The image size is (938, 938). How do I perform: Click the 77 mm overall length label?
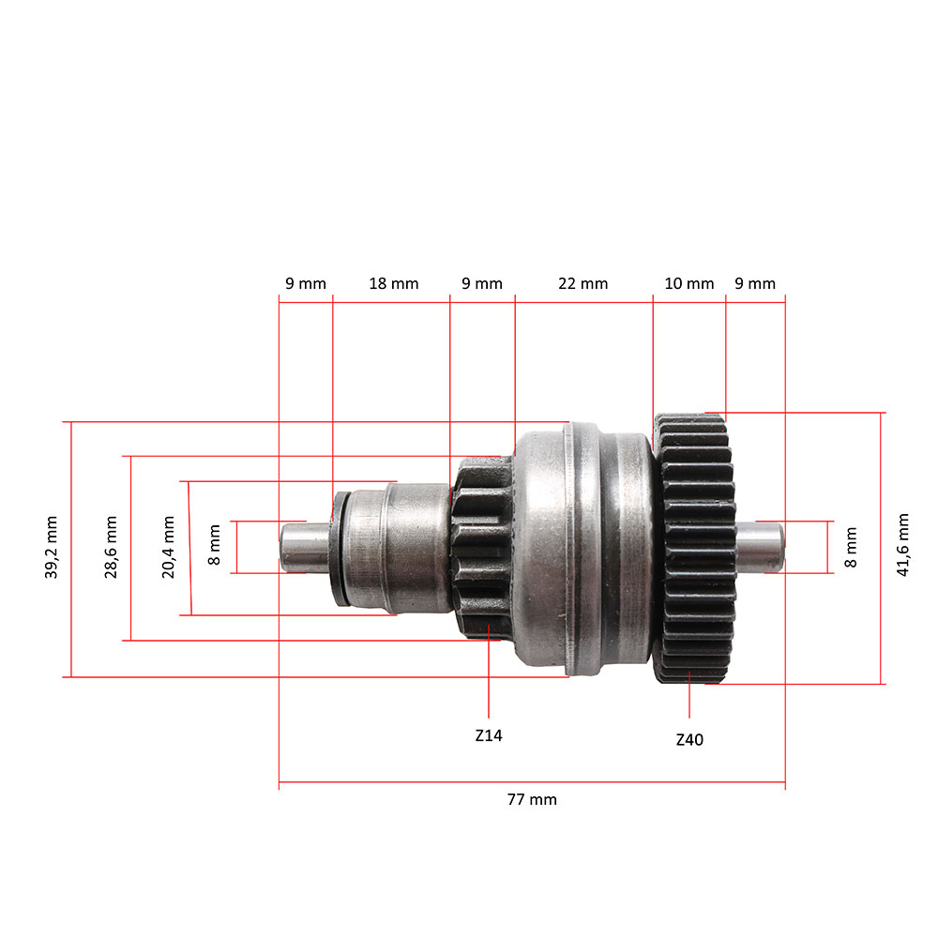tap(532, 799)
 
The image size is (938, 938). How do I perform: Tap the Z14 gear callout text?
tap(489, 736)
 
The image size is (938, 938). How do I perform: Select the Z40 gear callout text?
tap(689, 740)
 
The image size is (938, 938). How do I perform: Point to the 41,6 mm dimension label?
tap(903, 544)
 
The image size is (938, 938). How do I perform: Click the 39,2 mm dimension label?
tap(51, 549)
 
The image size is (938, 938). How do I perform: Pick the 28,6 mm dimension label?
tap(112, 548)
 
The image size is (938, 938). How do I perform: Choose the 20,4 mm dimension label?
tap(169, 548)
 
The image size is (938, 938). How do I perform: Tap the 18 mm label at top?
tap(393, 283)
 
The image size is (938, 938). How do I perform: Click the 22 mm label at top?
tap(582, 283)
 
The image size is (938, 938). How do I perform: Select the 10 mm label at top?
tap(688, 283)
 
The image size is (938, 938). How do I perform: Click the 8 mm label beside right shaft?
tap(852, 547)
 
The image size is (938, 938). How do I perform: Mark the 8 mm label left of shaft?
tap(215, 546)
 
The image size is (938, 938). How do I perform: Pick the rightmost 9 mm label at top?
tap(755, 283)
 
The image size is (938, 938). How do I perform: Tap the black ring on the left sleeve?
tap(340, 547)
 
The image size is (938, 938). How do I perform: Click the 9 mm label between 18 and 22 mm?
tap(482, 283)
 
